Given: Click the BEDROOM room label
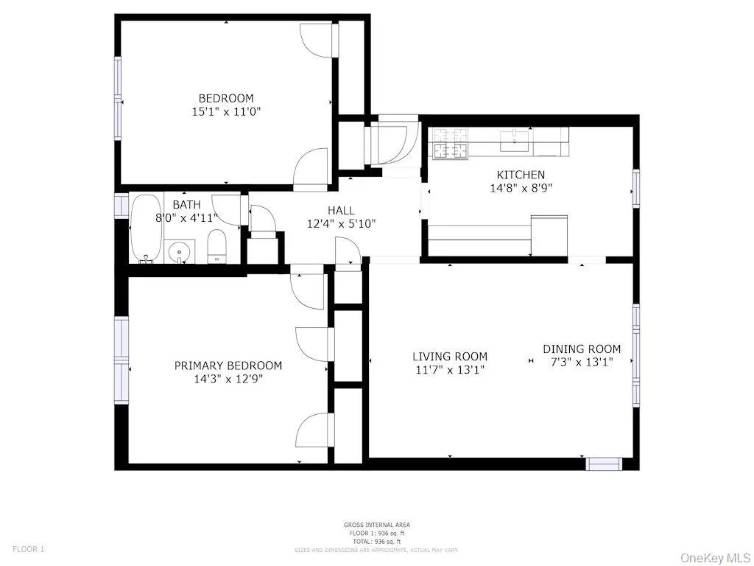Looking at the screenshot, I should point(225,98).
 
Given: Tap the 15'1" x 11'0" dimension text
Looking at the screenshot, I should point(225,112).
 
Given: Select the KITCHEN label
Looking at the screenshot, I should point(521,175).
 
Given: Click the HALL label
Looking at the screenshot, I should point(341,211).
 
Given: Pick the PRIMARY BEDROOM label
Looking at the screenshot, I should point(228,366).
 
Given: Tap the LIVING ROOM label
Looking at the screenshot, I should point(449,357).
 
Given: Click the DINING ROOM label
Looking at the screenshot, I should point(582,349).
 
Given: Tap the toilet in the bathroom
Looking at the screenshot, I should point(217,245).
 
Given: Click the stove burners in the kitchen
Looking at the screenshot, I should point(450,144).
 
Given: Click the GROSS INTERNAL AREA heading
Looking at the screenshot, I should point(376,525).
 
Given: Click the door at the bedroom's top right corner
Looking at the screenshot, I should point(318,40).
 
